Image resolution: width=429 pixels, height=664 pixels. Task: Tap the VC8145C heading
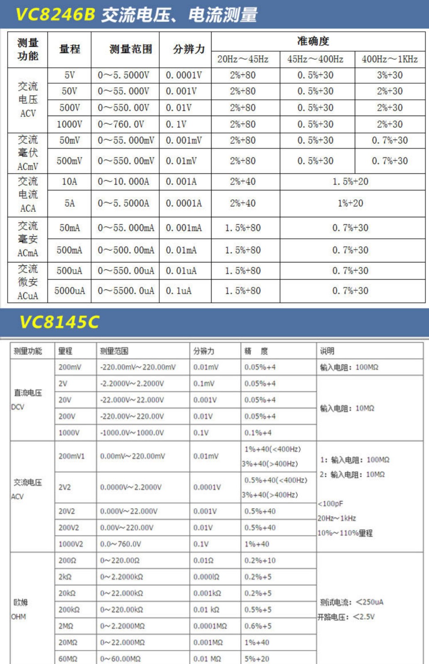click(x=59, y=322)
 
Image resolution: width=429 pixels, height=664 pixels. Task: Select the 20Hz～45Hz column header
click(x=243, y=59)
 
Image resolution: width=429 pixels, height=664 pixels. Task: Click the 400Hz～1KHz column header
click(x=390, y=59)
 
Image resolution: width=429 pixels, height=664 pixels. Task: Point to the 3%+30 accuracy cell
click(x=390, y=75)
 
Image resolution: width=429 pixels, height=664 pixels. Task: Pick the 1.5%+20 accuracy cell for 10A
click(x=350, y=181)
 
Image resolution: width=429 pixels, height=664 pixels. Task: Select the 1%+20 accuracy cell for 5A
click(x=350, y=203)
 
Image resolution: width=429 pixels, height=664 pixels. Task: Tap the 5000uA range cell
click(x=69, y=290)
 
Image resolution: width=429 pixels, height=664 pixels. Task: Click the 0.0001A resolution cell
click(x=184, y=203)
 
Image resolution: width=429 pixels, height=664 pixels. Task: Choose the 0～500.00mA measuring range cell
click(x=126, y=250)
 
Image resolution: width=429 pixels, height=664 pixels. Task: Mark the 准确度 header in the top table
click(x=313, y=41)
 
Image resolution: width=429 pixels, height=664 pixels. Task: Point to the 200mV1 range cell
click(x=71, y=456)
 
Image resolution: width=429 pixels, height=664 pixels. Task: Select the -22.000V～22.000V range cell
click(x=132, y=400)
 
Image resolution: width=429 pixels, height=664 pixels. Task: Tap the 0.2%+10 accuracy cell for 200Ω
click(x=260, y=561)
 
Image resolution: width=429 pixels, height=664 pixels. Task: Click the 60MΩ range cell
click(x=68, y=659)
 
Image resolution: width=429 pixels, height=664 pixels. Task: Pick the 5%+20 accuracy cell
click(x=257, y=659)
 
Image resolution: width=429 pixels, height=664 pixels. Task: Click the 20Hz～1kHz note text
click(x=337, y=518)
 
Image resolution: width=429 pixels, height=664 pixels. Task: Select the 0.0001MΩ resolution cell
click(x=210, y=626)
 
